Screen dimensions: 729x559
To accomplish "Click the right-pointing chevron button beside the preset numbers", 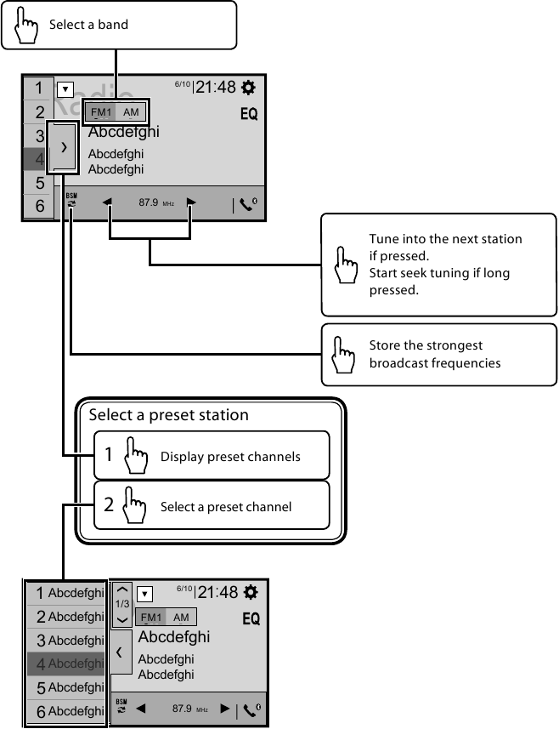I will (x=63, y=146).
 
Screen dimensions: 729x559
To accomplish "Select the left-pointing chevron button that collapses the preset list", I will (x=119, y=652).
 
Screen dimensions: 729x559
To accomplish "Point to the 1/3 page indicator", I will (x=123, y=603).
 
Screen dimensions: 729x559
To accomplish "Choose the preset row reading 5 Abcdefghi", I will (x=65, y=686).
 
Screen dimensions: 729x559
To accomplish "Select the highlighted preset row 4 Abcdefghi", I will (x=65, y=664).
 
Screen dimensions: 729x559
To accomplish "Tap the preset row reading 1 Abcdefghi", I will (x=65, y=593).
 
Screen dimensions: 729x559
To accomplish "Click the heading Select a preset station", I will (x=168, y=415).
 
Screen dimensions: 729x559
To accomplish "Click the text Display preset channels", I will (x=230, y=457).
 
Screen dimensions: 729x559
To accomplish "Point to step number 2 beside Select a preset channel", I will (x=109, y=505).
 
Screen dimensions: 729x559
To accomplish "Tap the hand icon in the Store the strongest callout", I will (x=344, y=355).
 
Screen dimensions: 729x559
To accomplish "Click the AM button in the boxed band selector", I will (x=131, y=112).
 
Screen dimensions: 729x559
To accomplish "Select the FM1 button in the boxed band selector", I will (x=101, y=112).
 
